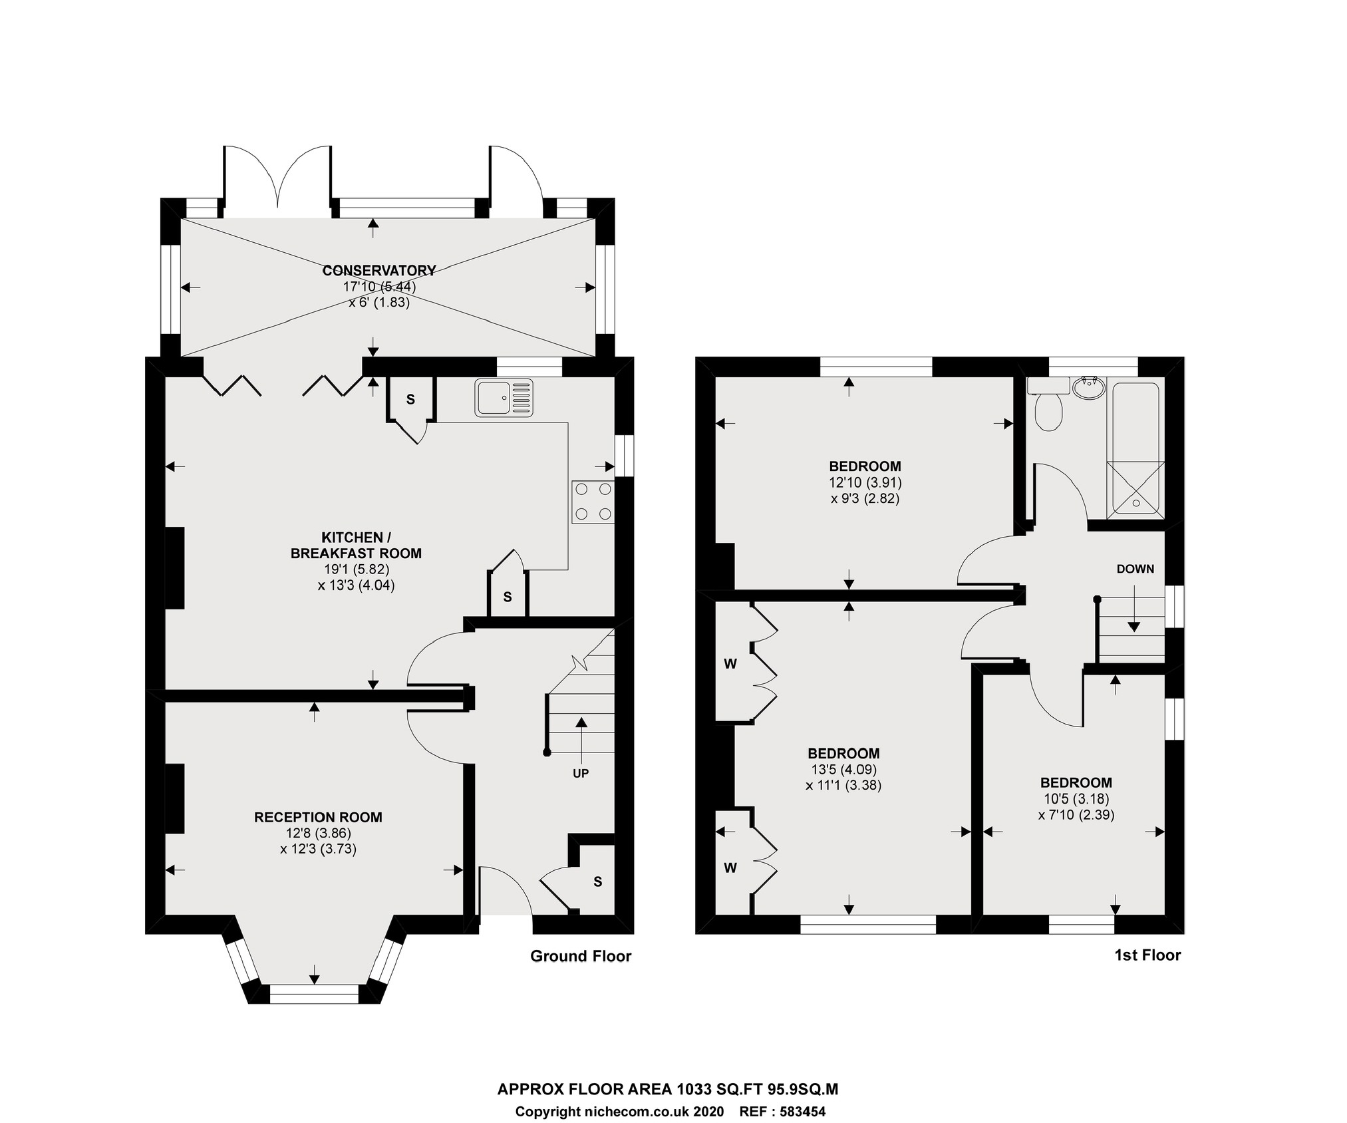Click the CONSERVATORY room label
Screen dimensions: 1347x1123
pos(378,271)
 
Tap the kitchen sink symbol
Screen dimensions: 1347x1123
pos(504,397)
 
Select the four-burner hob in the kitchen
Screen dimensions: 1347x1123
pos(593,502)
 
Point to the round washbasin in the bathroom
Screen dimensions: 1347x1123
pos(1088,388)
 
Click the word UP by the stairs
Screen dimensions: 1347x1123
pos(581,774)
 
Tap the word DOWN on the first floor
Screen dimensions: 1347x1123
pos(1135,569)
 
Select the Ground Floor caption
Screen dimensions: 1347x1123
pos(581,956)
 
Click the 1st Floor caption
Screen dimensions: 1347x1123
pos(1147,955)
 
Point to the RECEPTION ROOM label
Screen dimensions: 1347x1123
pos(318,817)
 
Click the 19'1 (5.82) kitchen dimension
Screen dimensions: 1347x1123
pos(357,569)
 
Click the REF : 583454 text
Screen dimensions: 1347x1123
pos(782,1112)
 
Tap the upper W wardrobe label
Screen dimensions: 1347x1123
pos(730,664)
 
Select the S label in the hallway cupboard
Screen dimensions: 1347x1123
pos(597,882)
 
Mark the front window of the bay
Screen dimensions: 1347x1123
pos(314,994)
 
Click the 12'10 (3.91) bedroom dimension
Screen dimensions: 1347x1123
pos(865,482)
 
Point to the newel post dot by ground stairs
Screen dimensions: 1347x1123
pos(547,752)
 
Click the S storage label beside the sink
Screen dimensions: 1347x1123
pos(410,400)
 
